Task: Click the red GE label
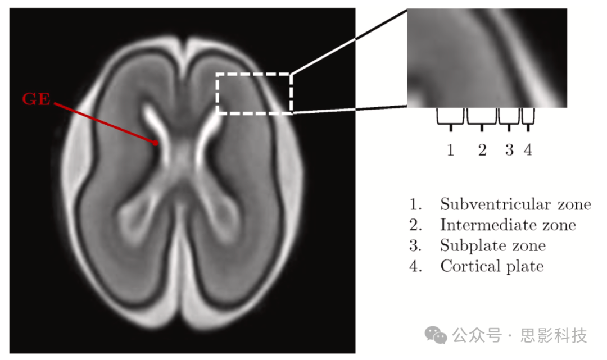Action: pyautogui.click(x=37, y=100)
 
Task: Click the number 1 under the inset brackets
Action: pyautogui.click(x=450, y=150)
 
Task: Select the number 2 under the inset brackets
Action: pyautogui.click(x=482, y=150)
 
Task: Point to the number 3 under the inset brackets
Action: pyautogui.click(x=509, y=150)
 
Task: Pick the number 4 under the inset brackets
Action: pyautogui.click(x=528, y=150)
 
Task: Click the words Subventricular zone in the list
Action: pyautogui.click(x=515, y=204)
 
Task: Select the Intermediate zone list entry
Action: pyautogui.click(x=508, y=225)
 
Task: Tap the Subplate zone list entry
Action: pyautogui.click(x=492, y=245)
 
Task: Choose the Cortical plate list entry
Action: pyautogui.click(x=492, y=266)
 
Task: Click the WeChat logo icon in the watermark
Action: pyautogui.click(x=436, y=336)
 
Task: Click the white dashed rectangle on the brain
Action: pyautogui.click(x=254, y=74)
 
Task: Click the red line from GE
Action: pyautogui.click(x=104, y=122)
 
